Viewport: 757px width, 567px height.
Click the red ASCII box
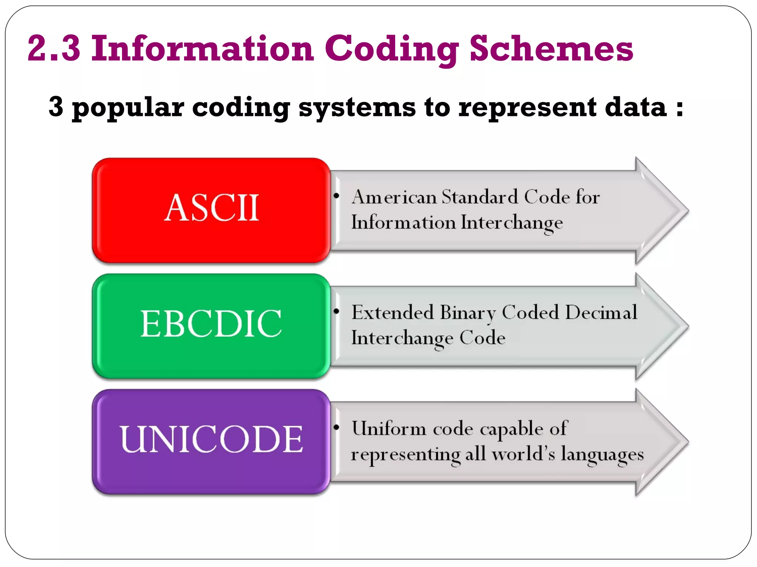pyautogui.click(x=211, y=210)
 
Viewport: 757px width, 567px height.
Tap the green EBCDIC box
pyautogui.click(x=211, y=326)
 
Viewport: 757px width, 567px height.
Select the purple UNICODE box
pyautogui.click(x=211, y=441)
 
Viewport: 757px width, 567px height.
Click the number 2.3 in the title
pyautogui.click(x=54, y=48)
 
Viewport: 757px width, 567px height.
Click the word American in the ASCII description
pyautogui.click(x=394, y=197)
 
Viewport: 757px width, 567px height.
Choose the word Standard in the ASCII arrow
pyautogui.click(x=480, y=197)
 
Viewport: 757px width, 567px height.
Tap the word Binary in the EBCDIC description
pyautogui.click(x=468, y=313)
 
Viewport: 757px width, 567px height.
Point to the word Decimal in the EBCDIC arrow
pyautogui.click(x=601, y=312)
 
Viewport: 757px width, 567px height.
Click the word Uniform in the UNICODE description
pyautogui.click(x=389, y=429)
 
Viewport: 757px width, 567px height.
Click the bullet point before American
pyautogui.click(x=336, y=196)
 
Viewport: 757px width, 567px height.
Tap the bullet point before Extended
pyautogui.click(x=336, y=311)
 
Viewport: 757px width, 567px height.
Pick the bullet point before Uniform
pyautogui.click(x=336, y=427)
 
